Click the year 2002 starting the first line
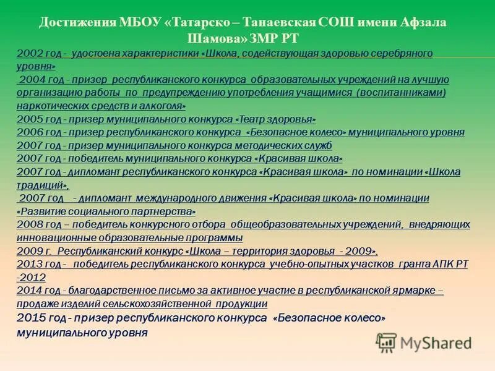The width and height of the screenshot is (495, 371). pyautogui.click(x=28, y=53)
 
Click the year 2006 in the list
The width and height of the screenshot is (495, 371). pyautogui.click(x=28, y=132)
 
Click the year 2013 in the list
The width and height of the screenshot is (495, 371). pyautogui.click(x=28, y=264)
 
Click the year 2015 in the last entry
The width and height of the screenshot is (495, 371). pyautogui.click(x=30, y=318)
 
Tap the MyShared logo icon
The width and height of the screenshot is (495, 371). pyautogui.click(x=387, y=342)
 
